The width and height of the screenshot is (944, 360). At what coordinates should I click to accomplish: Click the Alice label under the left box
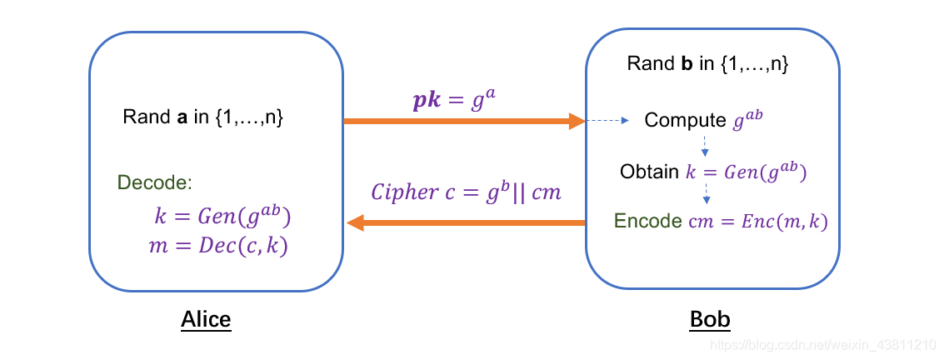click(206, 319)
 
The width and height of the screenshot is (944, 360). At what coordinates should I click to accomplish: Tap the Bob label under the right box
click(710, 319)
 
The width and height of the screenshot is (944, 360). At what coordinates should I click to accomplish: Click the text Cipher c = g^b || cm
click(466, 192)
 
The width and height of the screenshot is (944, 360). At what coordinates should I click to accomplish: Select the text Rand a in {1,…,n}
click(203, 117)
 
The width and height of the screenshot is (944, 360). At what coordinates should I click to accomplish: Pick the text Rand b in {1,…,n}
click(707, 63)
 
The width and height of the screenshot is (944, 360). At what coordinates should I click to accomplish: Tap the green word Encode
click(647, 221)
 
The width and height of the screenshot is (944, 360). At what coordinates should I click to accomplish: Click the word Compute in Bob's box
click(686, 121)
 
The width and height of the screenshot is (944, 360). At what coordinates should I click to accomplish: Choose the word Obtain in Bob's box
click(649, 172)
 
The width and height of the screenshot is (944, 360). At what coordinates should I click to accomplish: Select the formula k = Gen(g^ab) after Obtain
click(746, 172)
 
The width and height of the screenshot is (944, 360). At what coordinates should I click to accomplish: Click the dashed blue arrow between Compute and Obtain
click(705, 146)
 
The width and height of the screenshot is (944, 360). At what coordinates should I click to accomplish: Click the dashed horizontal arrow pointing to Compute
click(607, 122)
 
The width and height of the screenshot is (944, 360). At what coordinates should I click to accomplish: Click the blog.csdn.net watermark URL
click(830, 343)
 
